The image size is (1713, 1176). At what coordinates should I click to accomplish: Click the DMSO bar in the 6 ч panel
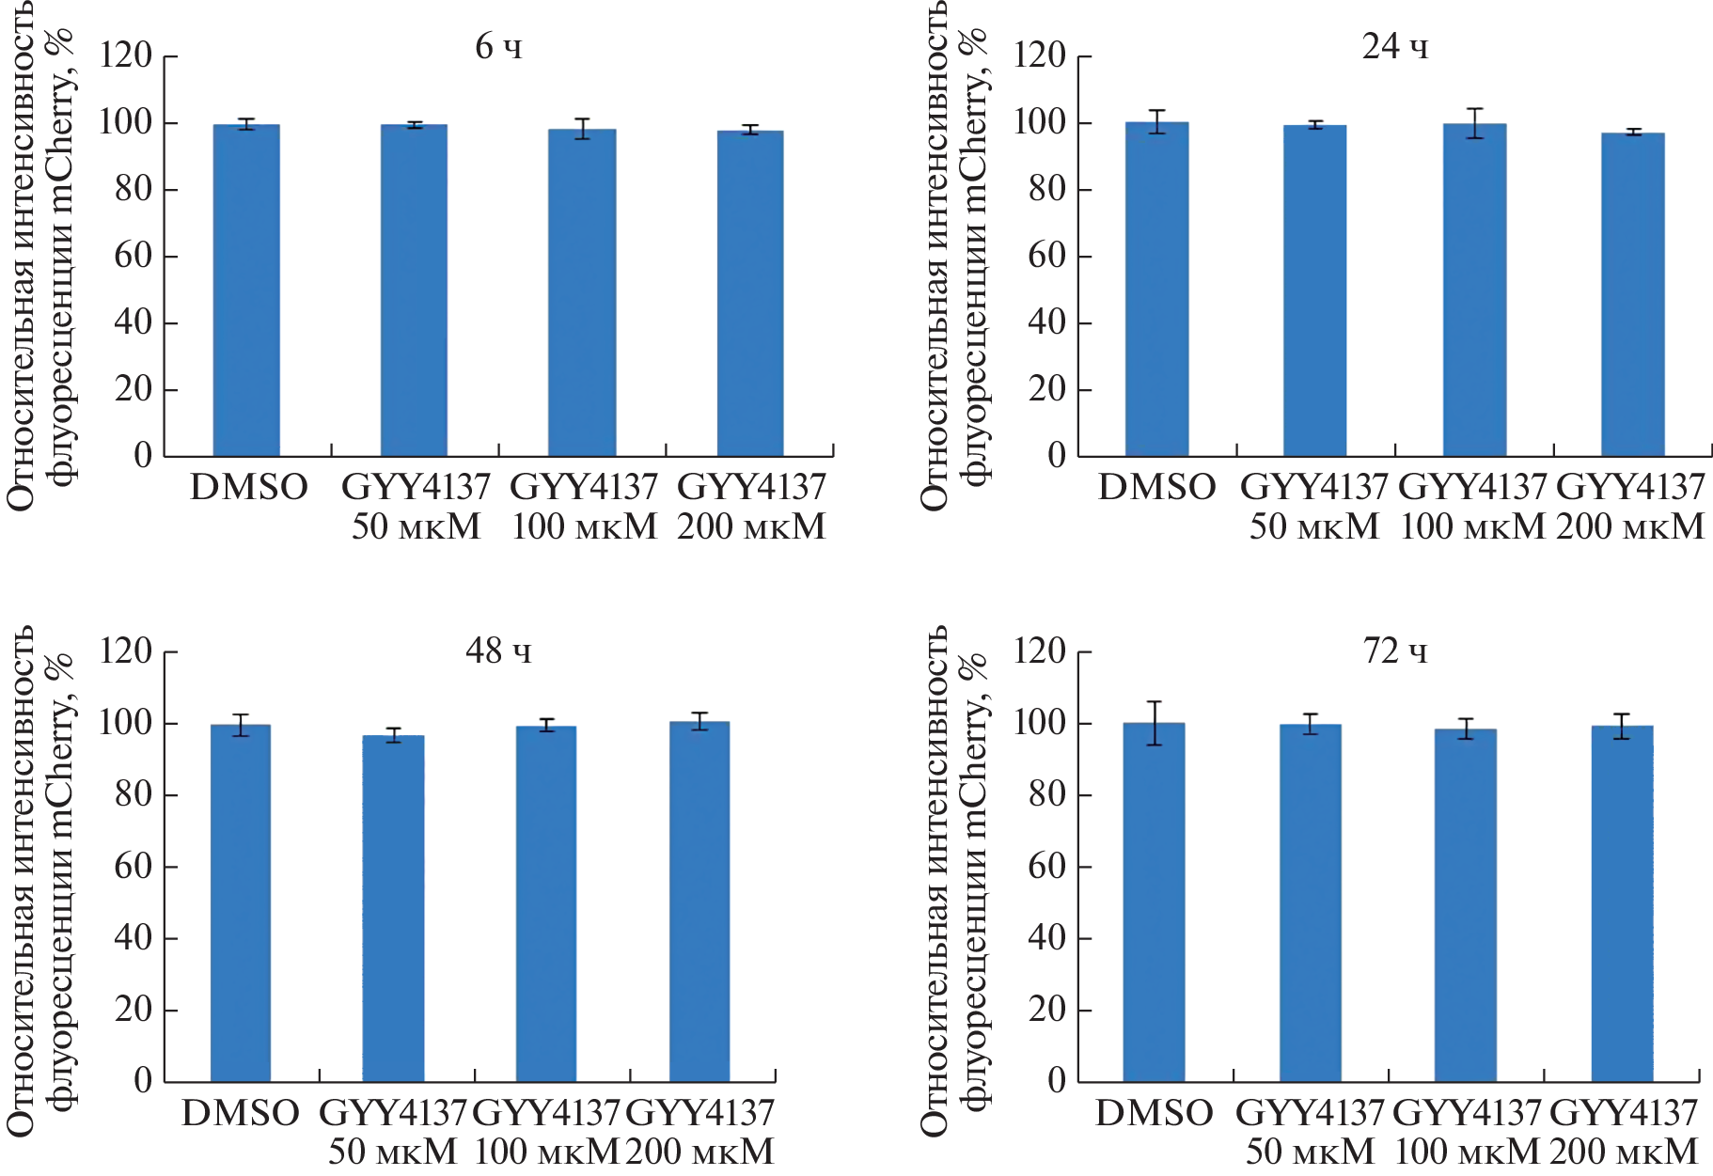[246, 291]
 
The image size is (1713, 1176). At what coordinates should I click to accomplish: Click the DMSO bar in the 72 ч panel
[1155, 902]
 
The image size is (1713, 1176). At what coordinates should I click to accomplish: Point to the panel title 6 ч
[498, 46]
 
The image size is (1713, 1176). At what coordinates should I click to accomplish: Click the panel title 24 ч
[1395, 46]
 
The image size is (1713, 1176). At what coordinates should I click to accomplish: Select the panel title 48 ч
[498, 651]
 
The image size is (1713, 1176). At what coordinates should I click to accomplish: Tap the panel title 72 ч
[1395, 651]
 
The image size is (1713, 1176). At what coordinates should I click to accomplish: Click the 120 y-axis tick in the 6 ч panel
[126, 55]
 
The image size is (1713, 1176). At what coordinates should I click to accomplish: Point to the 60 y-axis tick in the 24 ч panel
[1046, 256]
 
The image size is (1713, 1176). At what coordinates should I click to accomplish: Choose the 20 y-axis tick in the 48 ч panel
[133, 1010]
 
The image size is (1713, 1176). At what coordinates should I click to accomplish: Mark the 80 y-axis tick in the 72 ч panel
[1046, 794]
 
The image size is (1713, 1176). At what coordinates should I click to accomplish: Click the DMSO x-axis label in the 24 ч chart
[1156, 487]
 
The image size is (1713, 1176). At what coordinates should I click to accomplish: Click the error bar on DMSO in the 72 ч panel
[1155, 723]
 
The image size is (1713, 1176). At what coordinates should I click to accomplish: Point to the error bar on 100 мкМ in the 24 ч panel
[1474, 123]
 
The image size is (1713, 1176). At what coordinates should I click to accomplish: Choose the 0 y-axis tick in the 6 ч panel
[143, 456]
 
